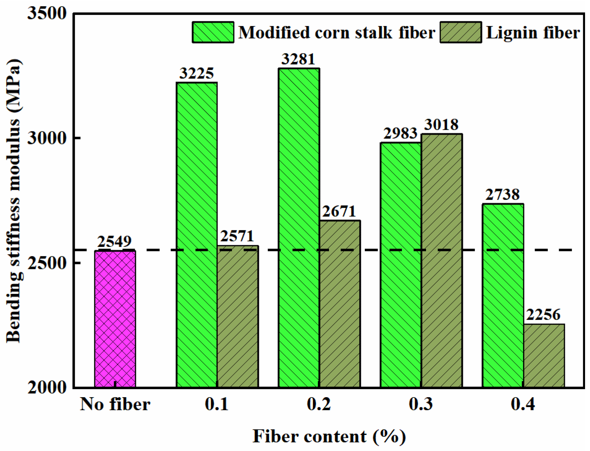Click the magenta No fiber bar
click(115, 318)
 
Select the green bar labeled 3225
click(197, 235)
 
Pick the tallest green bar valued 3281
click(299, 227)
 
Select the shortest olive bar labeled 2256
click(544, 355)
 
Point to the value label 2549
click(114, 241)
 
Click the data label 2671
click(339, 212)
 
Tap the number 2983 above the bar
click(400, 134)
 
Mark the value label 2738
click(503, 195)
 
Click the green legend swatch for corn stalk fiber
click(213, 32)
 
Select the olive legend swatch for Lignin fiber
click(460, 32)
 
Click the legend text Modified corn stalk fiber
click(336, 32)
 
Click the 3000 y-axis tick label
click(47, 138)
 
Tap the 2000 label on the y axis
click(47, 387)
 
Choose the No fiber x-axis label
click(115, 404)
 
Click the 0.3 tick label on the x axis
click(421, 404)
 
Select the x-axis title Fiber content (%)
click(329, 436)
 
